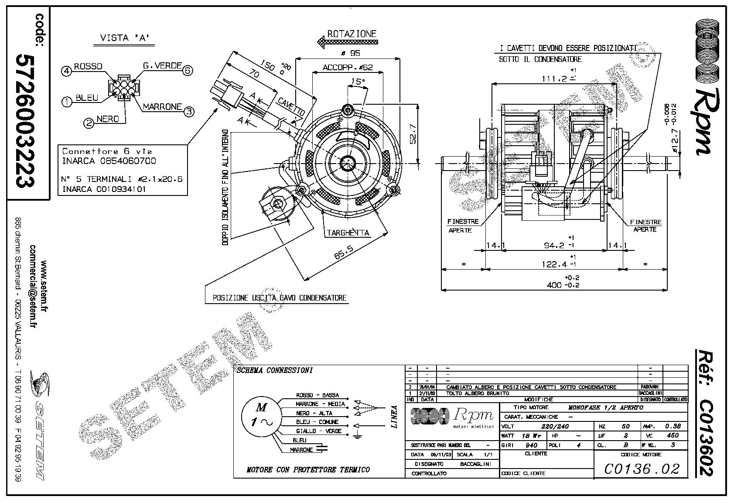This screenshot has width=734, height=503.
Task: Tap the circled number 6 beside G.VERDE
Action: click(188, 70)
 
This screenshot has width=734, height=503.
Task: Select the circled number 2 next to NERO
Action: click(89, 123)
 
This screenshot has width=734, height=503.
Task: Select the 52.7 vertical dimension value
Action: click(413, 134)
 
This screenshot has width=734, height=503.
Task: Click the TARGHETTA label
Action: click(348, 233)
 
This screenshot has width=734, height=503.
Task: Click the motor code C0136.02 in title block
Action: click(642, 469)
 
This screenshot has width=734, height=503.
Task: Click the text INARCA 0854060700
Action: click(109, 161)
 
